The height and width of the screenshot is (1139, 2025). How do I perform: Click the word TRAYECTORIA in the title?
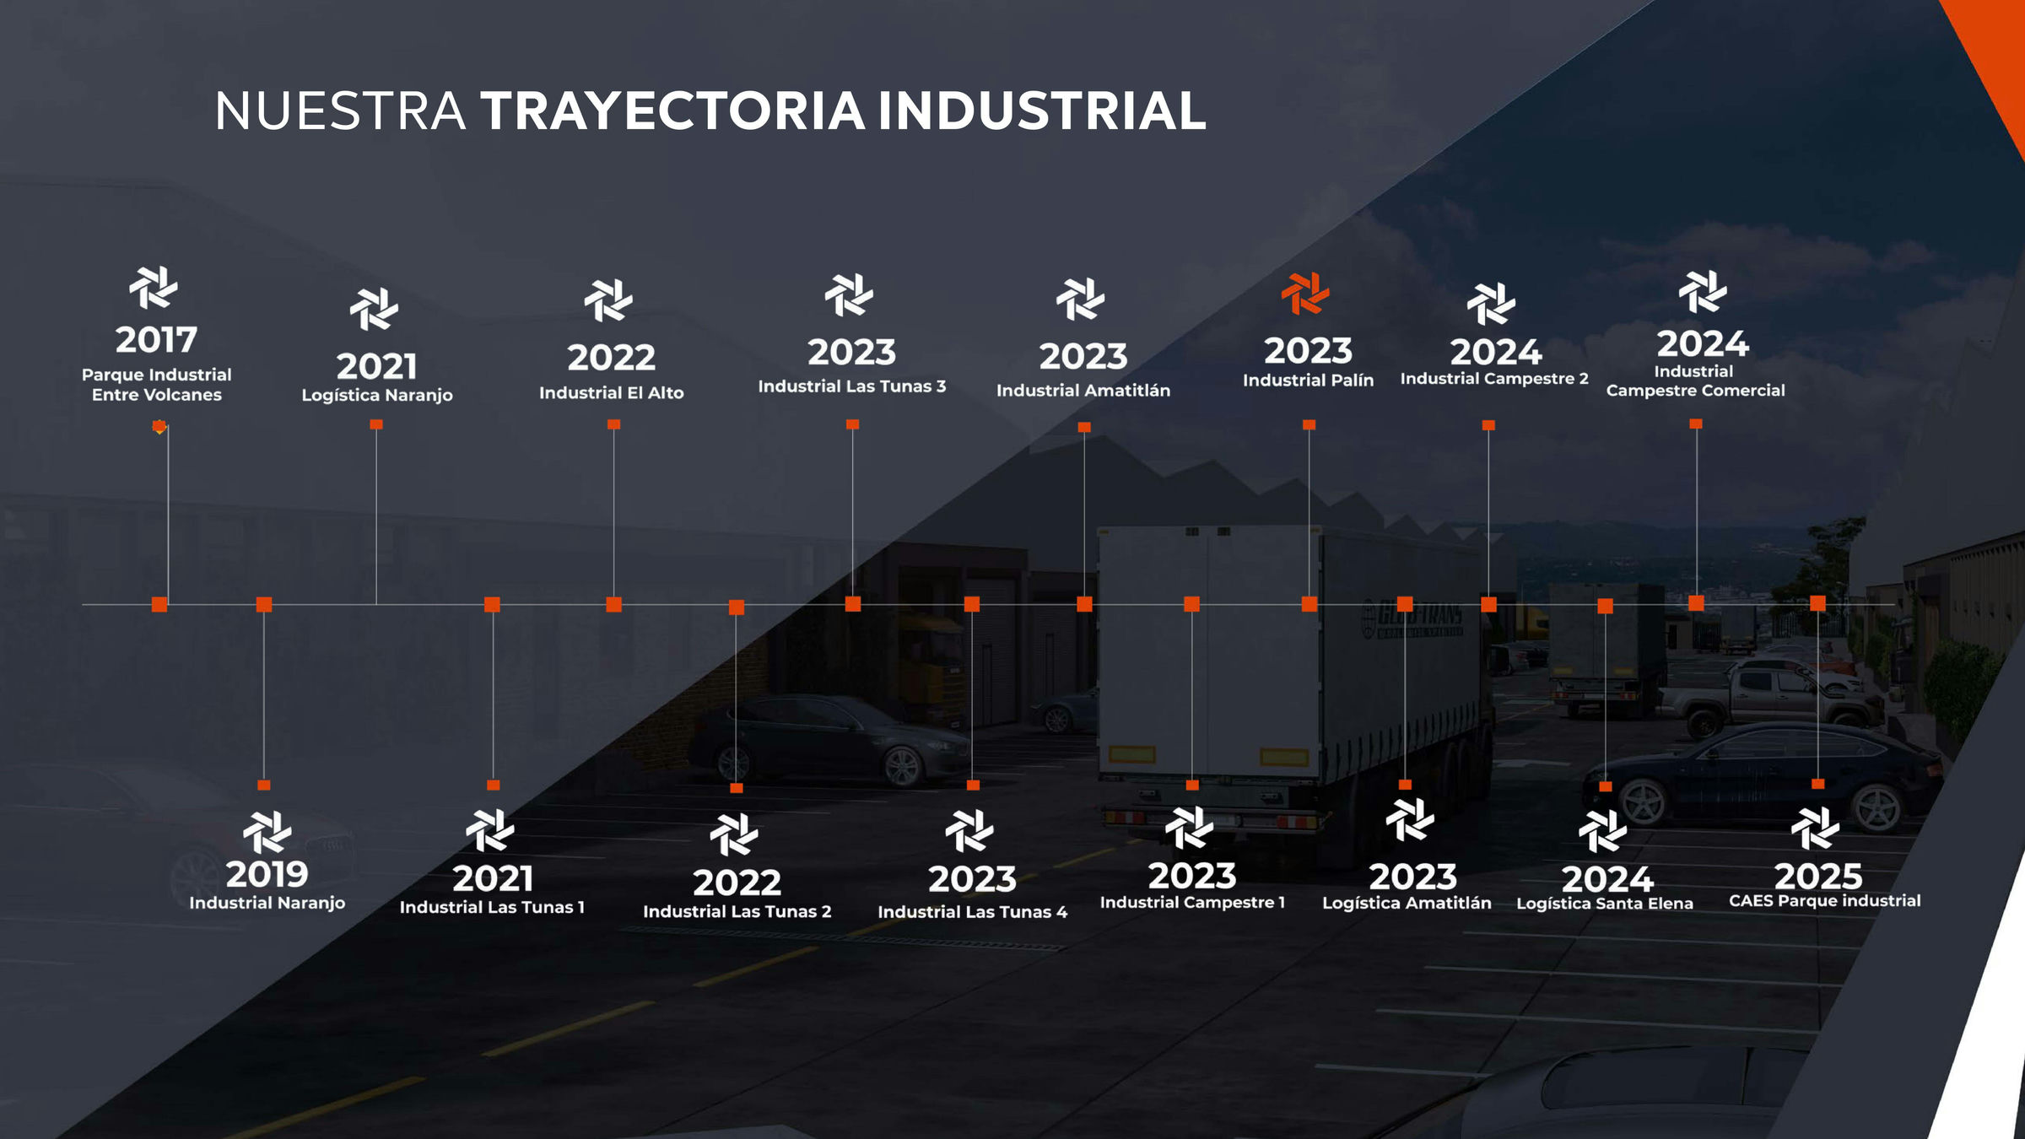coord(673,111)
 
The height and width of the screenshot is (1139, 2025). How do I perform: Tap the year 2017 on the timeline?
coord(156,340)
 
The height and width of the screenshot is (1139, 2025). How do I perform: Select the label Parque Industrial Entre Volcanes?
coord(157,385)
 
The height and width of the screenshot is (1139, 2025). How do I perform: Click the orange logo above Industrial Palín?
coord(1305,294)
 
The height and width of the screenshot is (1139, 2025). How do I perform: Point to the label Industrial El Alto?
coord(612,392)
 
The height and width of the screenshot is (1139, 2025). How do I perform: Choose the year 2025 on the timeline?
coord(1818,877)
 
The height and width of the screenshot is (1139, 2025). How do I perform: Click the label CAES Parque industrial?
coord(1825,900)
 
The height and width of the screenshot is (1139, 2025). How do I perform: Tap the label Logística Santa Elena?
coord(1605,904)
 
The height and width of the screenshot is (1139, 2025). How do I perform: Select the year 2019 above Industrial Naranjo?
coord(267,874)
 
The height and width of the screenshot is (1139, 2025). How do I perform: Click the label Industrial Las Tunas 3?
coord(852,386)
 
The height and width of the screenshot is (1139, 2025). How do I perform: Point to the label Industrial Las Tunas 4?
coord(973,912)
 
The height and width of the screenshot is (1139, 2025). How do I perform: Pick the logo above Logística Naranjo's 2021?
coord(374,309)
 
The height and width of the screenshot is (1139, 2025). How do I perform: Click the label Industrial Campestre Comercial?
coord(1696,381)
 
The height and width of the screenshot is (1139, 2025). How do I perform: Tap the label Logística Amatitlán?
coord(1407,903)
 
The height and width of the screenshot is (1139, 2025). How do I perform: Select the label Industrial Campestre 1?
coord(1192,903)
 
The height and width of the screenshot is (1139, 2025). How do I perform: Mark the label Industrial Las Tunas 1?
coord(492,907)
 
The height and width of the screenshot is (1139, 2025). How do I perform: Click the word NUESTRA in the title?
coord(340,111)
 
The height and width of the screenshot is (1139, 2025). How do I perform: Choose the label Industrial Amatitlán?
coord(1083,391)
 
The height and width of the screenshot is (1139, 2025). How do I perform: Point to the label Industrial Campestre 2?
coord(1494,379)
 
